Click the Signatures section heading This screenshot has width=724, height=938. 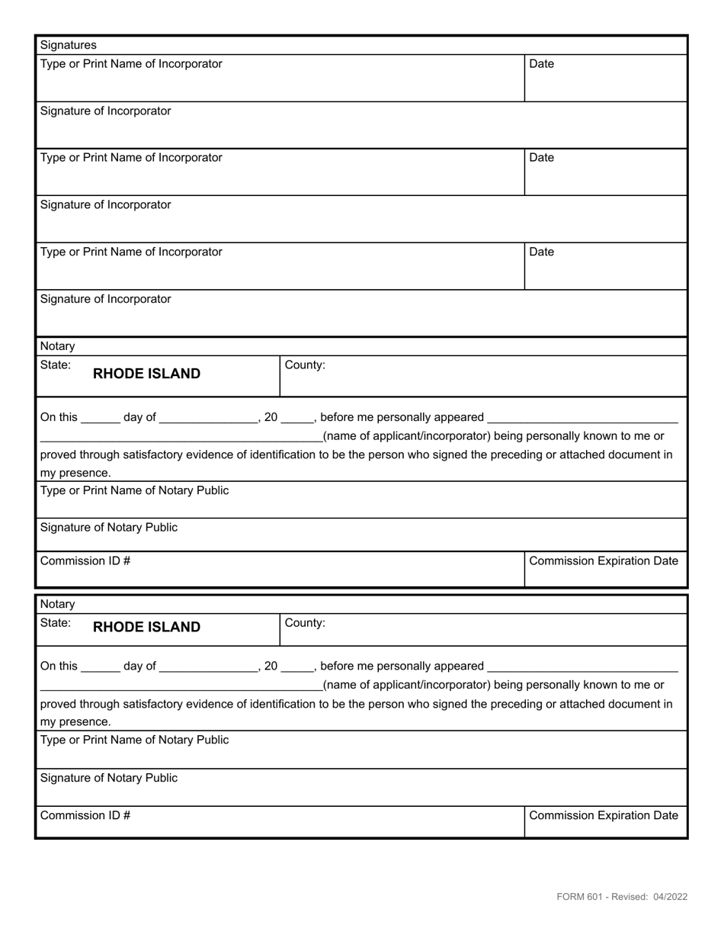tap(68, 45)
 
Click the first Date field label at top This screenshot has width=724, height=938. tap(541, 64)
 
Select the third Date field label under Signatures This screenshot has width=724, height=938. tap(541, 252)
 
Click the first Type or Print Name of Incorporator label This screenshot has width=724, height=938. tap(131, 64)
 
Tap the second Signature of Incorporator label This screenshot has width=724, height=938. tap(105, 204)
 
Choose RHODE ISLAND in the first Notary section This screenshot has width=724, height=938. tap(146, 374)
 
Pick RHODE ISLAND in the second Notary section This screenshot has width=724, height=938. tap(146, 627)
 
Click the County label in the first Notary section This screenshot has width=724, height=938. tap(305, 365)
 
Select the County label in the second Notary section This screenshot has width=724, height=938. tap(305, 622)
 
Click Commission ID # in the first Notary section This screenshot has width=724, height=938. tap(85, 561)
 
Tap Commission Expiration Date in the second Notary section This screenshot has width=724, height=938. tap(603, 815)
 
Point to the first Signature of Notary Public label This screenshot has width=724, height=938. tap(108, 527)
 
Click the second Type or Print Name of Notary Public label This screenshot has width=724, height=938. tap(134, 740)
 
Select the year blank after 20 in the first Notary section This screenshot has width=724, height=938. tap(297, 418)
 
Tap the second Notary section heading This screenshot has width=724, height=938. tap(57, 604)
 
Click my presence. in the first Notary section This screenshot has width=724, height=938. tap(75, 473)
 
